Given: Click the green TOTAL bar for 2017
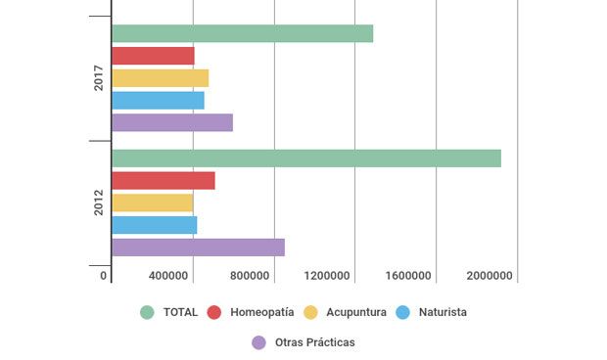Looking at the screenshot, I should click(x=242, y=33).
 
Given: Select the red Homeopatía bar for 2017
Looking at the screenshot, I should click(x=153, y=56).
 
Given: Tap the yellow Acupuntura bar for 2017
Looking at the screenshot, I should click(x=160, y=78).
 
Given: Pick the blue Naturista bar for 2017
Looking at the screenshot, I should click(x=158, y=100).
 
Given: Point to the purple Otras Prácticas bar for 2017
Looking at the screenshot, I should click(x=172, y=122).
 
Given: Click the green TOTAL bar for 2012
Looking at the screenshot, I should click(x=306, y=158).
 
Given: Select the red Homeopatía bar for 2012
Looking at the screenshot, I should click(x=163, y=180).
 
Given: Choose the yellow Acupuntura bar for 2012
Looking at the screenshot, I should click(x=152, y=202).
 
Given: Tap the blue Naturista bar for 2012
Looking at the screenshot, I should click(x=154, y=225).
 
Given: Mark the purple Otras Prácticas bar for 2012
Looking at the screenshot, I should click(x=198, y=247).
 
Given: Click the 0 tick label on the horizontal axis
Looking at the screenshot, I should click(x=104, y=276).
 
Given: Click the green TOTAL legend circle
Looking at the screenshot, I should click(x=148, y=313).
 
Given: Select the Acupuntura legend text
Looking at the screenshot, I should click(x=354, y=313).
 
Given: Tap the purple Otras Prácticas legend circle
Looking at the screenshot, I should click(x=259, y=342).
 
